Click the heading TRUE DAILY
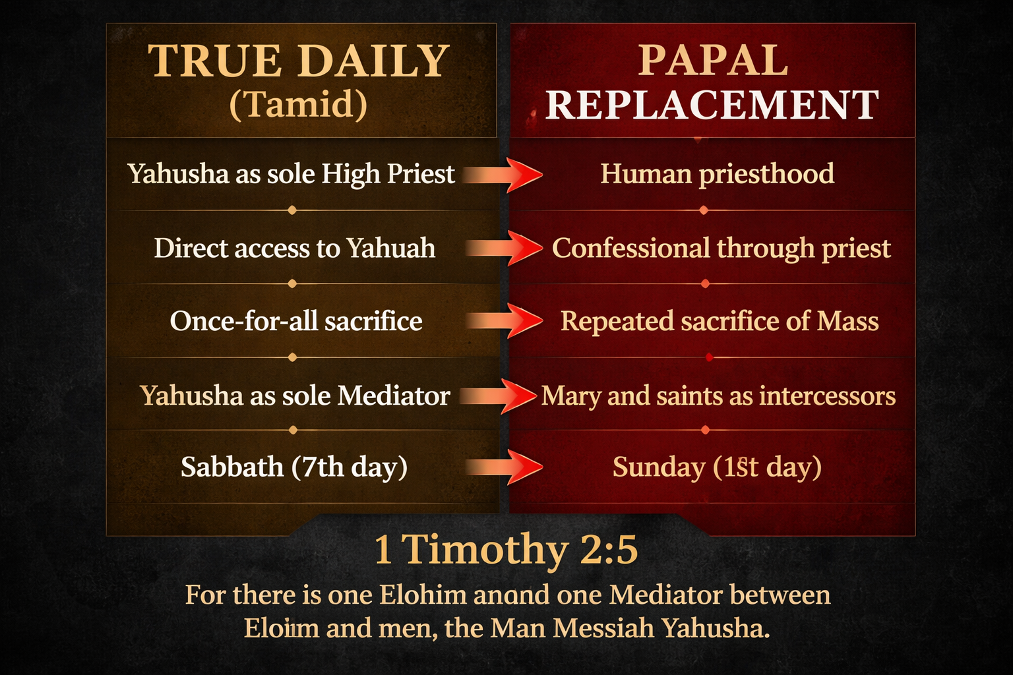(x=299, y=61)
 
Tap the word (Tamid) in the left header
(x=298, y=105)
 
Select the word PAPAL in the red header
(x=713, y=61)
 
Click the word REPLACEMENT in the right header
(x=712, y=105)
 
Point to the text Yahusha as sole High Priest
(x=291, y=174)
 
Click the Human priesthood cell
(x=717, y=174)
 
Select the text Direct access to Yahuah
(x=294, y=249)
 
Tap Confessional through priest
(x=721, y=249)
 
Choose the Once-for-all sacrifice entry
(x=296, y=321)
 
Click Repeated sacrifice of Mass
(x=720, y=321)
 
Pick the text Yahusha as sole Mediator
(x=295, y=396)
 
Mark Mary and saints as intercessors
(x=718, y=396)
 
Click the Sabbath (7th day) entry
(x=294, y=467)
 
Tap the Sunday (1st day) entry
(x=717, y=467)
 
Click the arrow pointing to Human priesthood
(x=505, y=175)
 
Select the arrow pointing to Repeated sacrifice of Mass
(x=505, y=321)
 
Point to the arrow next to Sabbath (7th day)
(x=505, y=467)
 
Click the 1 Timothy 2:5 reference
(x=506, y=549)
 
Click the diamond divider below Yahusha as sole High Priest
(x=292, y=210)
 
